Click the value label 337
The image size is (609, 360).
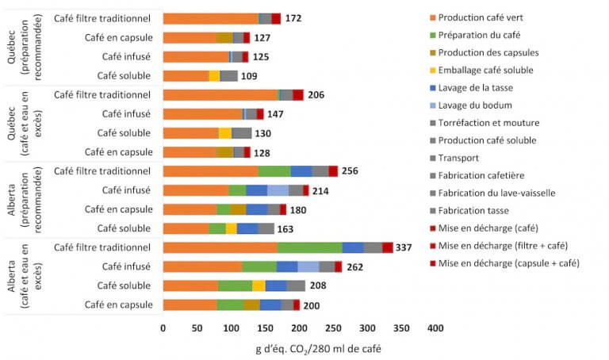point(404,247)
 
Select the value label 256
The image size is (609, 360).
point(350,171)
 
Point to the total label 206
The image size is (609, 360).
point(316,95)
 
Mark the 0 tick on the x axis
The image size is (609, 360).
point(163,327)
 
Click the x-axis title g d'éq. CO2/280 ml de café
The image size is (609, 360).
point(298,347)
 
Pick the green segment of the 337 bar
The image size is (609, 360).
point(309,247)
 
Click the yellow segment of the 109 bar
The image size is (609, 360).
point(214,76)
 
